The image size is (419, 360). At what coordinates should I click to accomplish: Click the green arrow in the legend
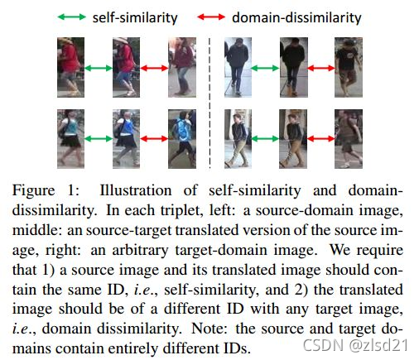click(72, 17)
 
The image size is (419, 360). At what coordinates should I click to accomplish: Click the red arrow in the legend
click(211, 17)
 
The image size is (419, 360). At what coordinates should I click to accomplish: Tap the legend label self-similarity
click(135, 18)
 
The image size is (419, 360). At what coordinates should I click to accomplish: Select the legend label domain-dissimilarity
click(296, 17)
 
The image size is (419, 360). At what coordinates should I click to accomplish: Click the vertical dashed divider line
click(209, 103)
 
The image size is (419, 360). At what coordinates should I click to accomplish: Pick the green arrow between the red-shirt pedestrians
click(99, 68)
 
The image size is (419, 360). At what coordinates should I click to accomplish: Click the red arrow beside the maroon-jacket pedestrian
click(154, 68)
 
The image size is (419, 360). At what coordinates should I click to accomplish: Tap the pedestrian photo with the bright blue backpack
click(182, 139)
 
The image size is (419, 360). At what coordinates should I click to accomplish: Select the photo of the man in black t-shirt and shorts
click(349, 67)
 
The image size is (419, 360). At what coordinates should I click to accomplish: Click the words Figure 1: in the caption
click(46, 190)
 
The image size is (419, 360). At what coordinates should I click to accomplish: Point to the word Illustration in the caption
click(136, 190)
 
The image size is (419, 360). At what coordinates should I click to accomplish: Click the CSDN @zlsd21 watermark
click(355, 345)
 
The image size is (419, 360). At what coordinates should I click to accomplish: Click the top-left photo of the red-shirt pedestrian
click(70, 67)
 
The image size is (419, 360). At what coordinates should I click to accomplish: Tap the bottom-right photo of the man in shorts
click(349, 139)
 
